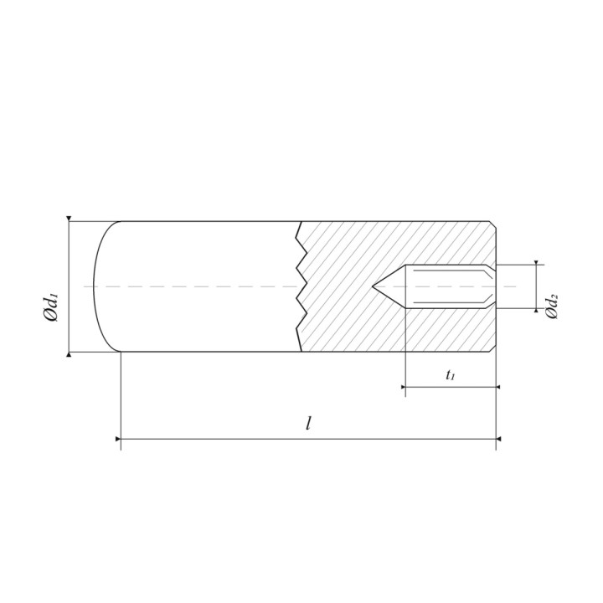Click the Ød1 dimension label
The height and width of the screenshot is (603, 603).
pos(50,307)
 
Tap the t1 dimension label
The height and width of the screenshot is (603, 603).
pos(451,374)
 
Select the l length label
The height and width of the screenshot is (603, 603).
pos(308,424)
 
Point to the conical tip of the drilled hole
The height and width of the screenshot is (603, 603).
pos(373,286)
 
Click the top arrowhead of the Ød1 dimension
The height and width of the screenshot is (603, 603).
pos(69,219)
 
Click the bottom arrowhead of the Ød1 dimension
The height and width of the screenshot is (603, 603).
pos(69,354)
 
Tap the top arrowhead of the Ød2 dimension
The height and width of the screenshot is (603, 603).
pos(536,263)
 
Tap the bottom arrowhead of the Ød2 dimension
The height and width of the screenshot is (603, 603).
pos(536,311)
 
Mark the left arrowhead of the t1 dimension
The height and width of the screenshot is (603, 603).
pos(403,387)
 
